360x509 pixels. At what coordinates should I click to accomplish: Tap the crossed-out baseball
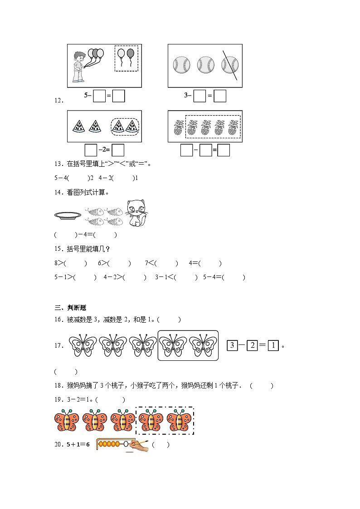coord(230,65)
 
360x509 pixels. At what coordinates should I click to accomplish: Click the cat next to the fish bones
coord(137,213)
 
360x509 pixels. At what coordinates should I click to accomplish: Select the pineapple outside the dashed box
coord(178,127)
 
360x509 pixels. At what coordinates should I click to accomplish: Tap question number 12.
coord(58,101)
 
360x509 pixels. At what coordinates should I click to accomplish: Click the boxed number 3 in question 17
coord(232,346)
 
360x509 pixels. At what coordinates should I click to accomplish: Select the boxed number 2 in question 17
coord(252,346)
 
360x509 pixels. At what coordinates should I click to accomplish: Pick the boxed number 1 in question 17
coord(272,346)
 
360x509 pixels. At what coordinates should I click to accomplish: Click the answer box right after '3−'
coord(199,96)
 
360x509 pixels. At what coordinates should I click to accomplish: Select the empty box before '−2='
coord(91,150)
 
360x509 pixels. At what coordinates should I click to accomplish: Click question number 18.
coord(58,386)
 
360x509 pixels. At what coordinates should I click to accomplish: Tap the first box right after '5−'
coord(99,96)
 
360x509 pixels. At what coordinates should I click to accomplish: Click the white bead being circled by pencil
coord(126,444)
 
